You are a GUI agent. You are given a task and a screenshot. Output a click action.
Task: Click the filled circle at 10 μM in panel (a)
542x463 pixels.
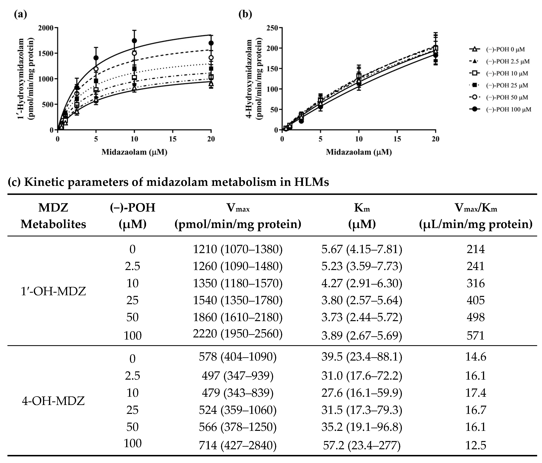click(x=134, y=41)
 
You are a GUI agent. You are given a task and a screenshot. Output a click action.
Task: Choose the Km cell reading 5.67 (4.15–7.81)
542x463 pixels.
click(x=362, y=249)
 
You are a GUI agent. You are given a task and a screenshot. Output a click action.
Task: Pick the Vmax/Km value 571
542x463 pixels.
click(x=475, y=335)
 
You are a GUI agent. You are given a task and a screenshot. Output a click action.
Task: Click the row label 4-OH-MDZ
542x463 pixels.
click(x=53, y=401)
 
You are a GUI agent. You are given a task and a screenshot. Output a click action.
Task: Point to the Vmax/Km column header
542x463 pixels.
click(x=476, y=216)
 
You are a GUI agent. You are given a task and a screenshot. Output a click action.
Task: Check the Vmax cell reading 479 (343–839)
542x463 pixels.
click(x=237, y=393)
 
